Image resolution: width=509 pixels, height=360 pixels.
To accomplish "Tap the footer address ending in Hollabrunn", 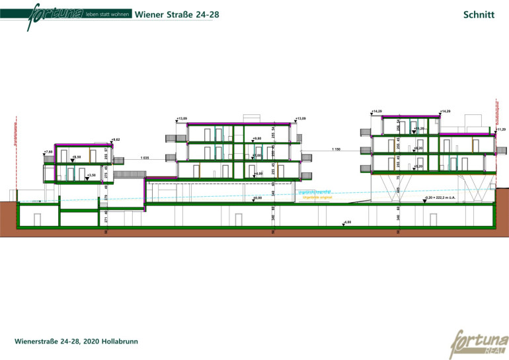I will point(77,342).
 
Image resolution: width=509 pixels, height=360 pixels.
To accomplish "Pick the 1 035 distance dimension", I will point(145,159).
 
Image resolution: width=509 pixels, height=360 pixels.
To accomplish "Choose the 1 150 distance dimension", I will point(336,150).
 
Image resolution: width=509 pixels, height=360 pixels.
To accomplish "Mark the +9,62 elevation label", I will point(116,140).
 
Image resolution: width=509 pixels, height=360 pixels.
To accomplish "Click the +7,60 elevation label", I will point(48,151).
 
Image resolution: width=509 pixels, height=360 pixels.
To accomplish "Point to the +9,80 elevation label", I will point(257,138).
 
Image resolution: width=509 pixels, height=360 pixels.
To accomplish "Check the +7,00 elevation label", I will point(257,156).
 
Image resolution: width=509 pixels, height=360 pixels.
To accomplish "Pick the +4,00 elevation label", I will point(258,174).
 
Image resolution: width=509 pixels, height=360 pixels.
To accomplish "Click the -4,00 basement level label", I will point(347,222).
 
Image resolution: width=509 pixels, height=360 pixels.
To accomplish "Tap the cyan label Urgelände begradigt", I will point(313,192).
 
